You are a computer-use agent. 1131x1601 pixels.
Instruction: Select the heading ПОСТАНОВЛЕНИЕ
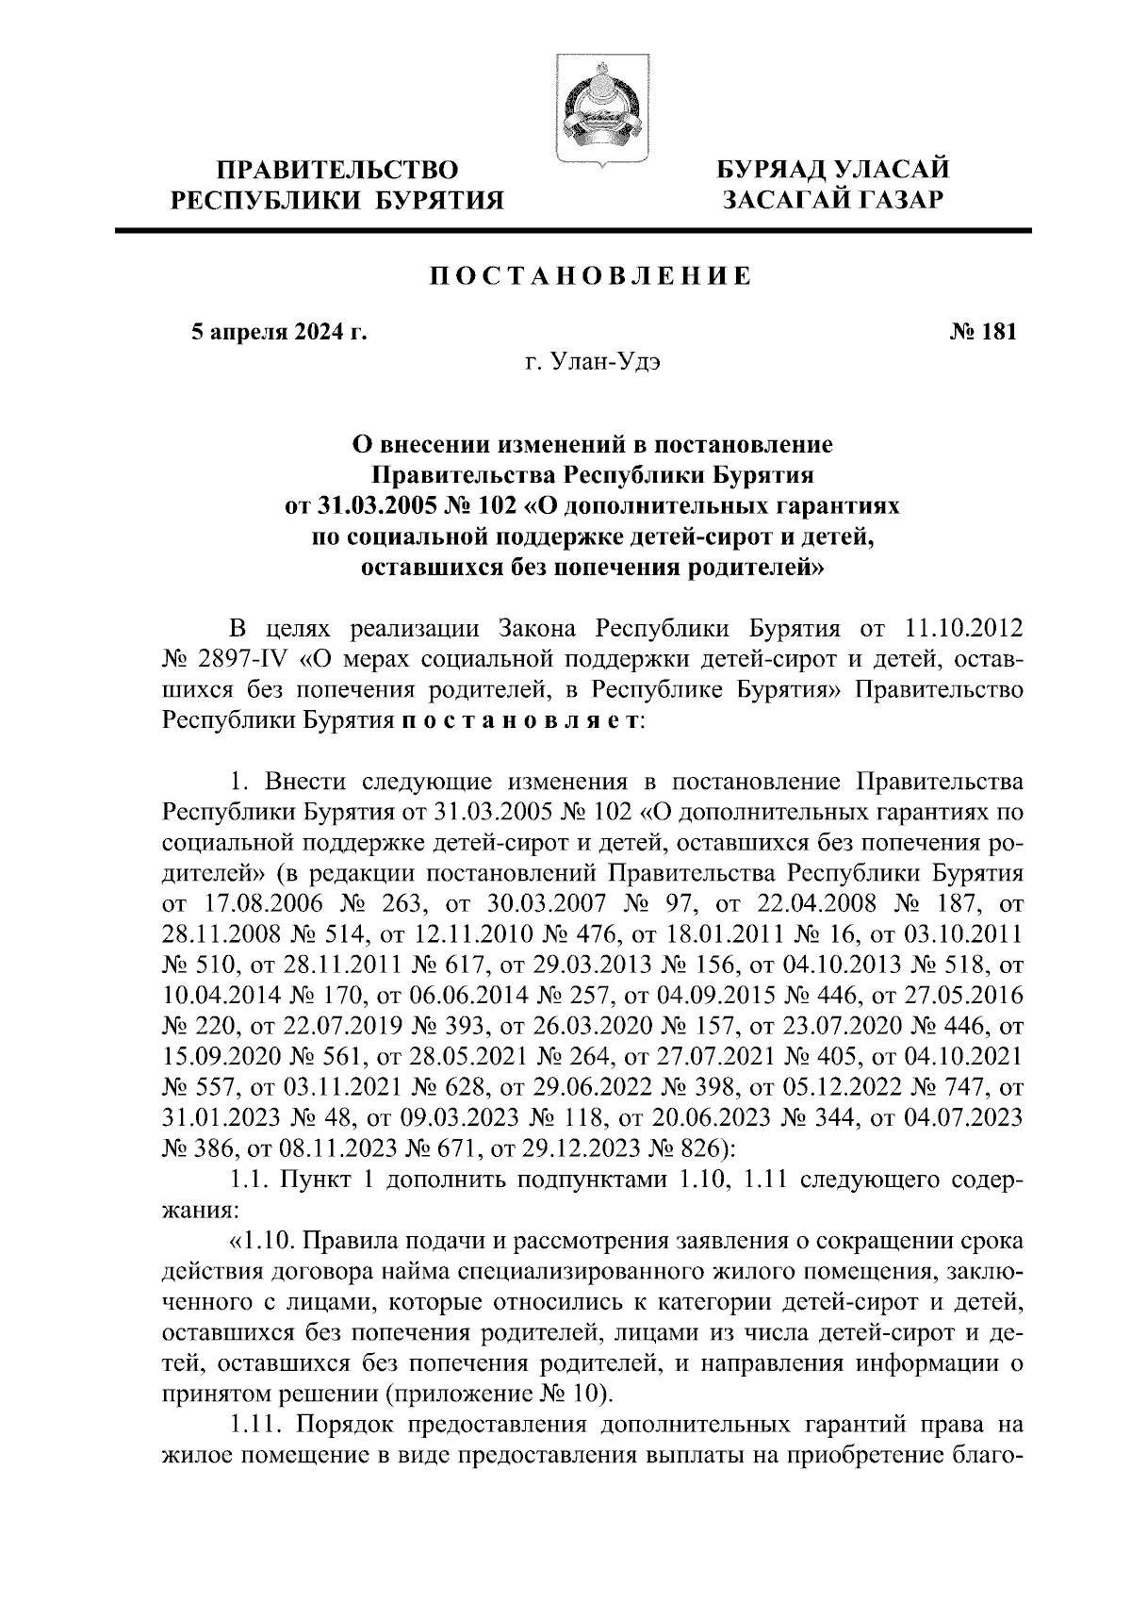tap(591, 275)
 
